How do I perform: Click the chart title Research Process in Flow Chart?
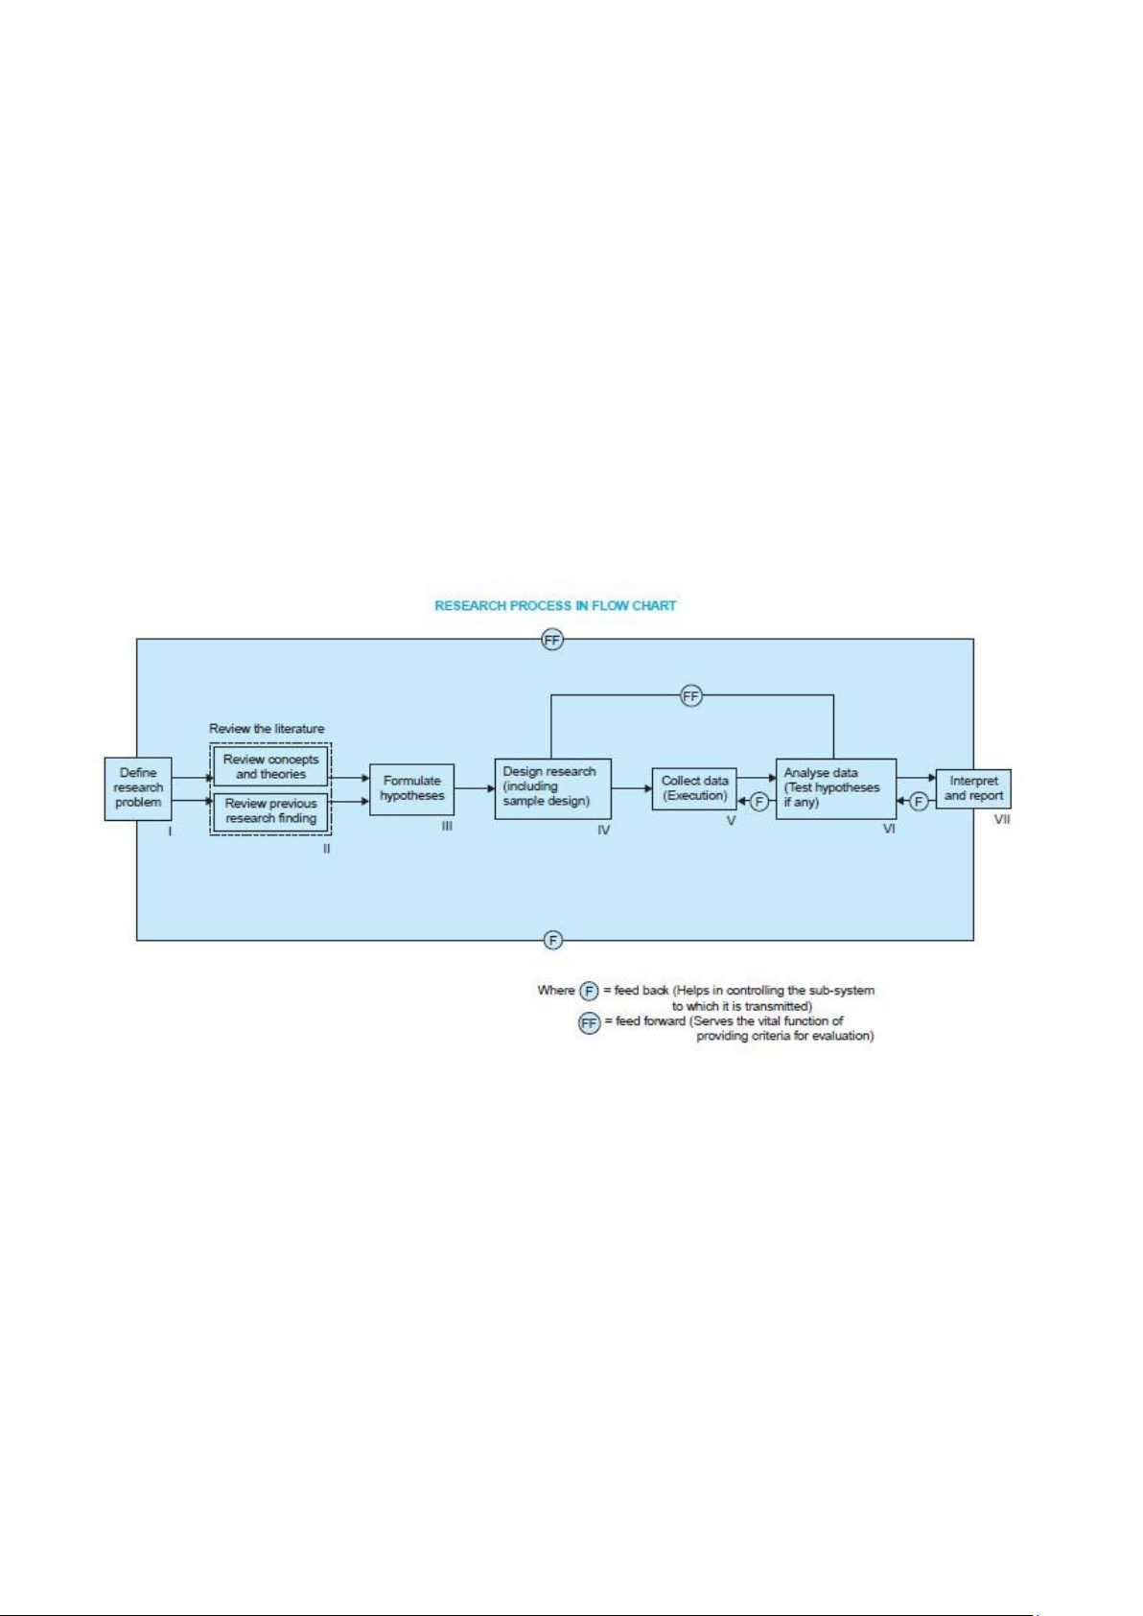click(554, 606)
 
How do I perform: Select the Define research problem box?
click(138, 788)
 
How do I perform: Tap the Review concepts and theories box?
click(270, 767)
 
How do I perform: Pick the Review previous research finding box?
click(270, 811)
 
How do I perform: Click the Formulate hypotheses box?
click(411, 789)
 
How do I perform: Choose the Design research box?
click(552, 788)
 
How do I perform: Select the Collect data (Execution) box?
click(694, 788)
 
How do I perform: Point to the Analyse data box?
click(836, 788)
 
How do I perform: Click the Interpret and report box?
click(973, 788)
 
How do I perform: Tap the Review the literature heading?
click(267, 729)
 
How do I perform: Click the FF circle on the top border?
click(552, 640)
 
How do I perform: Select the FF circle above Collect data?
click(690, 695)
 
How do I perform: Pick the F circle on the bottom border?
click(552, 940)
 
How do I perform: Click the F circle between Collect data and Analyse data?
click(758, 802)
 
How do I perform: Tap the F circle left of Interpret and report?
click(918, 802)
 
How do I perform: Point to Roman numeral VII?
click(1002, 820)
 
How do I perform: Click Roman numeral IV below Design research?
click(603, 831)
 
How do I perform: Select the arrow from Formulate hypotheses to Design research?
click(475, 788)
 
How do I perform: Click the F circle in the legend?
click(589, 992)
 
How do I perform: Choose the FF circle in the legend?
click(589, 1023)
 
